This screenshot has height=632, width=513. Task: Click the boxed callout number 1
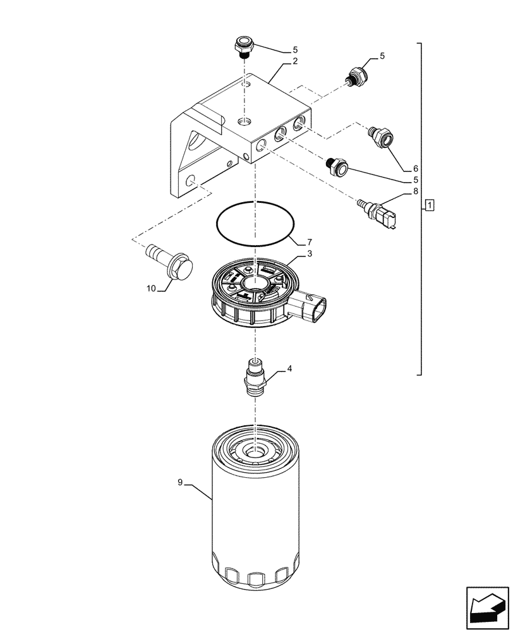click(x=430, y=205)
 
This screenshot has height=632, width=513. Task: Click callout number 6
click(x=415, y=169)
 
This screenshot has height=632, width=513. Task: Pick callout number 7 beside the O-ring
click(x=309, y=243)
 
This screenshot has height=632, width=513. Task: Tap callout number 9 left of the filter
click(x=180, y=482)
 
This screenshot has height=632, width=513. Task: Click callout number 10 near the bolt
click(x=152, y=288)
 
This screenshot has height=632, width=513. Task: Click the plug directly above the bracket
click(x=243, y=46)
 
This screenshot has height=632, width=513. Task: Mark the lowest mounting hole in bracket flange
click(x=190, y=181)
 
